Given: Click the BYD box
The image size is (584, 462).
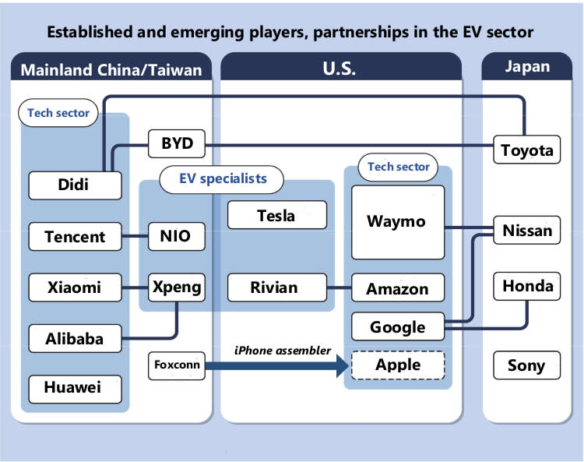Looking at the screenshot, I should (x=177, y=144).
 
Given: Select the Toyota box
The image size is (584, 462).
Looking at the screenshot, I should (x=527, y=150).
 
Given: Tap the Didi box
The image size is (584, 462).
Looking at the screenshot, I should (x=75, y=185).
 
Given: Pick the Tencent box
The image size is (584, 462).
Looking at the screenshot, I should (x=75, y=235).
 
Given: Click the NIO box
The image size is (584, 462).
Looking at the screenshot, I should (x=177, y=235).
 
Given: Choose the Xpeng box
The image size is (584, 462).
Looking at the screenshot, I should (x=177, y=287).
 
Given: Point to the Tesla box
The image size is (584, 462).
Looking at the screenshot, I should (x=276, y=215).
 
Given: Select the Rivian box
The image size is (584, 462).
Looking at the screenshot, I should (x=276, y=287).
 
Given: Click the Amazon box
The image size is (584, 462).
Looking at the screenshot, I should (x=397, y=288).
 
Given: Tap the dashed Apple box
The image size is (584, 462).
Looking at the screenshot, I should (x=397, y=365).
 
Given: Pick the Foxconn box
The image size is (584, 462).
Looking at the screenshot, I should (x=176, y=365).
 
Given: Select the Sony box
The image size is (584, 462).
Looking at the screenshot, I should (x=527, y=365).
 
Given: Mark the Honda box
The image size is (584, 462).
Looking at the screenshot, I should (x=527, y=286).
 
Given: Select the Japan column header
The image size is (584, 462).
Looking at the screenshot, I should (x=527, y=67).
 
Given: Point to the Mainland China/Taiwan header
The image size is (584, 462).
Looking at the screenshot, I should (x=111, y=69).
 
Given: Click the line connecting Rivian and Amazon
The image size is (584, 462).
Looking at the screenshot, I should (x=339, y=287).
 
